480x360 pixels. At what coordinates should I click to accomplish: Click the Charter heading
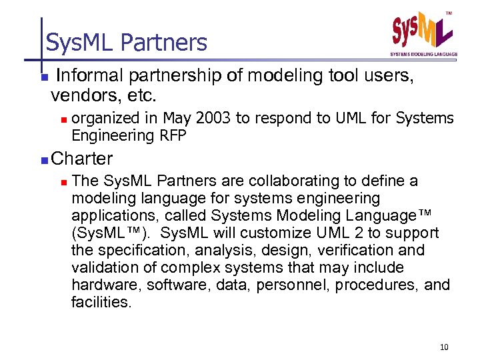point(82,159)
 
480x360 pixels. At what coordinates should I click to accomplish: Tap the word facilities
point(101,302)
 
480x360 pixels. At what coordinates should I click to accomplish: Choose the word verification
point(351,251)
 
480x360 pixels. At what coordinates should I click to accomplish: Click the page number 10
point(445,346)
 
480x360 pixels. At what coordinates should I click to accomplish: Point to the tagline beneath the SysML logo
point(423,54)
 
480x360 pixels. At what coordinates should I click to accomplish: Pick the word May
point(176,119)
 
